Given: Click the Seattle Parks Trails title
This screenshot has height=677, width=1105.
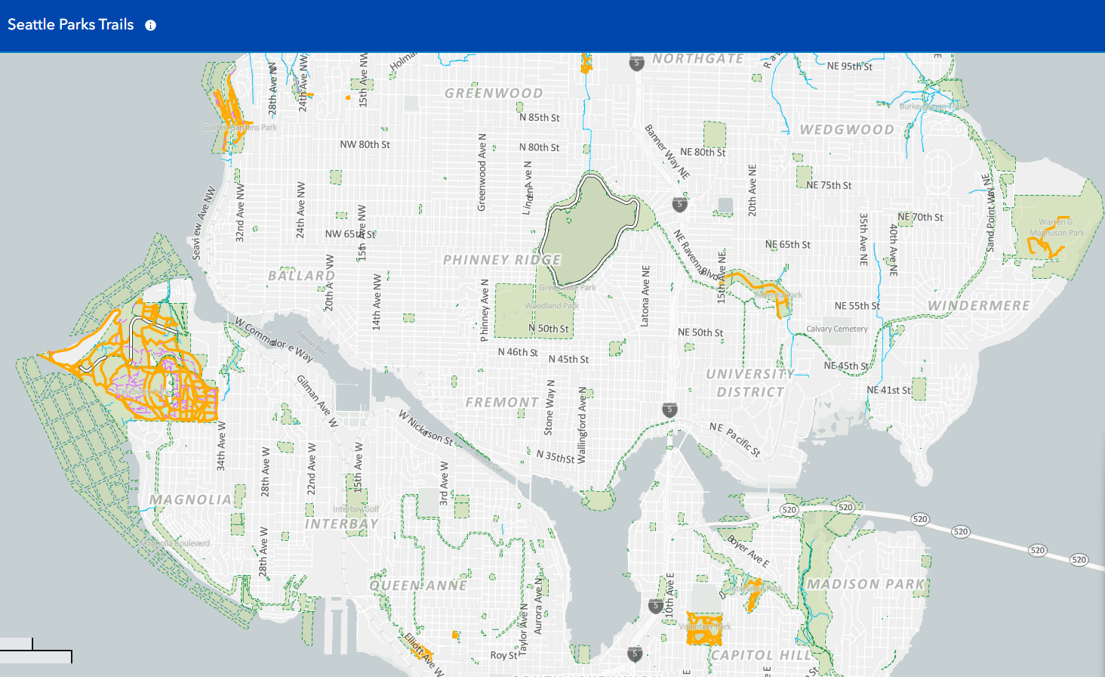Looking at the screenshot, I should (x=71, y=25).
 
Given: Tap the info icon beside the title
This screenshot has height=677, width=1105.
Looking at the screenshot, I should (x=151, y=26).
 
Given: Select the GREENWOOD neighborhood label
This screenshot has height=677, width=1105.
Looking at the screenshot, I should (x=494, y=94).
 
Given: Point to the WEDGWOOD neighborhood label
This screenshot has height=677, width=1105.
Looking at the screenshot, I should (x=847, y=130).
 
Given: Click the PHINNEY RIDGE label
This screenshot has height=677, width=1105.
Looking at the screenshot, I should (x=502, y=260).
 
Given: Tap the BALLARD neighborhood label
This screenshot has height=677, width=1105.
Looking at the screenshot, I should (x=302, y=276).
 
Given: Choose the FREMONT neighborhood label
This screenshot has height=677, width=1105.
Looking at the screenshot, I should (x=502, y=403).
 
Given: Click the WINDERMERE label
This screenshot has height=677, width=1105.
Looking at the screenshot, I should (x=979, y=306).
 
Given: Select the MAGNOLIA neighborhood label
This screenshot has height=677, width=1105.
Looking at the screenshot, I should (x=190, y=499).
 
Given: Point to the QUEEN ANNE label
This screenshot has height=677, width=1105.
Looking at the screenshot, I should (x=418, y=586).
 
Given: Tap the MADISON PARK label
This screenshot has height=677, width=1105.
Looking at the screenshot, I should (x=866, y=584).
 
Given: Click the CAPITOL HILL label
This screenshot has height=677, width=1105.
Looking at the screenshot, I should (x=761, y=655).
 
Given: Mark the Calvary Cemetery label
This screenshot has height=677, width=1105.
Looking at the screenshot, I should (x=837, y=329).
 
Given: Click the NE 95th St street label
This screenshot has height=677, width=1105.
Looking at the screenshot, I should (x=849, y=66).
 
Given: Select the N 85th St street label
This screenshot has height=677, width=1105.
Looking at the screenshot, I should (x=539, y=118).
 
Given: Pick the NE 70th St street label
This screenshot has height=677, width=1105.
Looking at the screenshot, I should (x=920, y=218).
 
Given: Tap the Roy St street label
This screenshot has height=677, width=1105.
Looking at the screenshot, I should (x=503, y=655).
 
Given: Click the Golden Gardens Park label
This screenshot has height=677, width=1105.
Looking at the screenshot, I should (x=239, y=128).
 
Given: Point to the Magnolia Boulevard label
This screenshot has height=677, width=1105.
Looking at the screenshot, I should (x=175, y=543).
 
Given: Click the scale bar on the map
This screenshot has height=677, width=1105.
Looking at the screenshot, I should (x=36, y=651).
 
